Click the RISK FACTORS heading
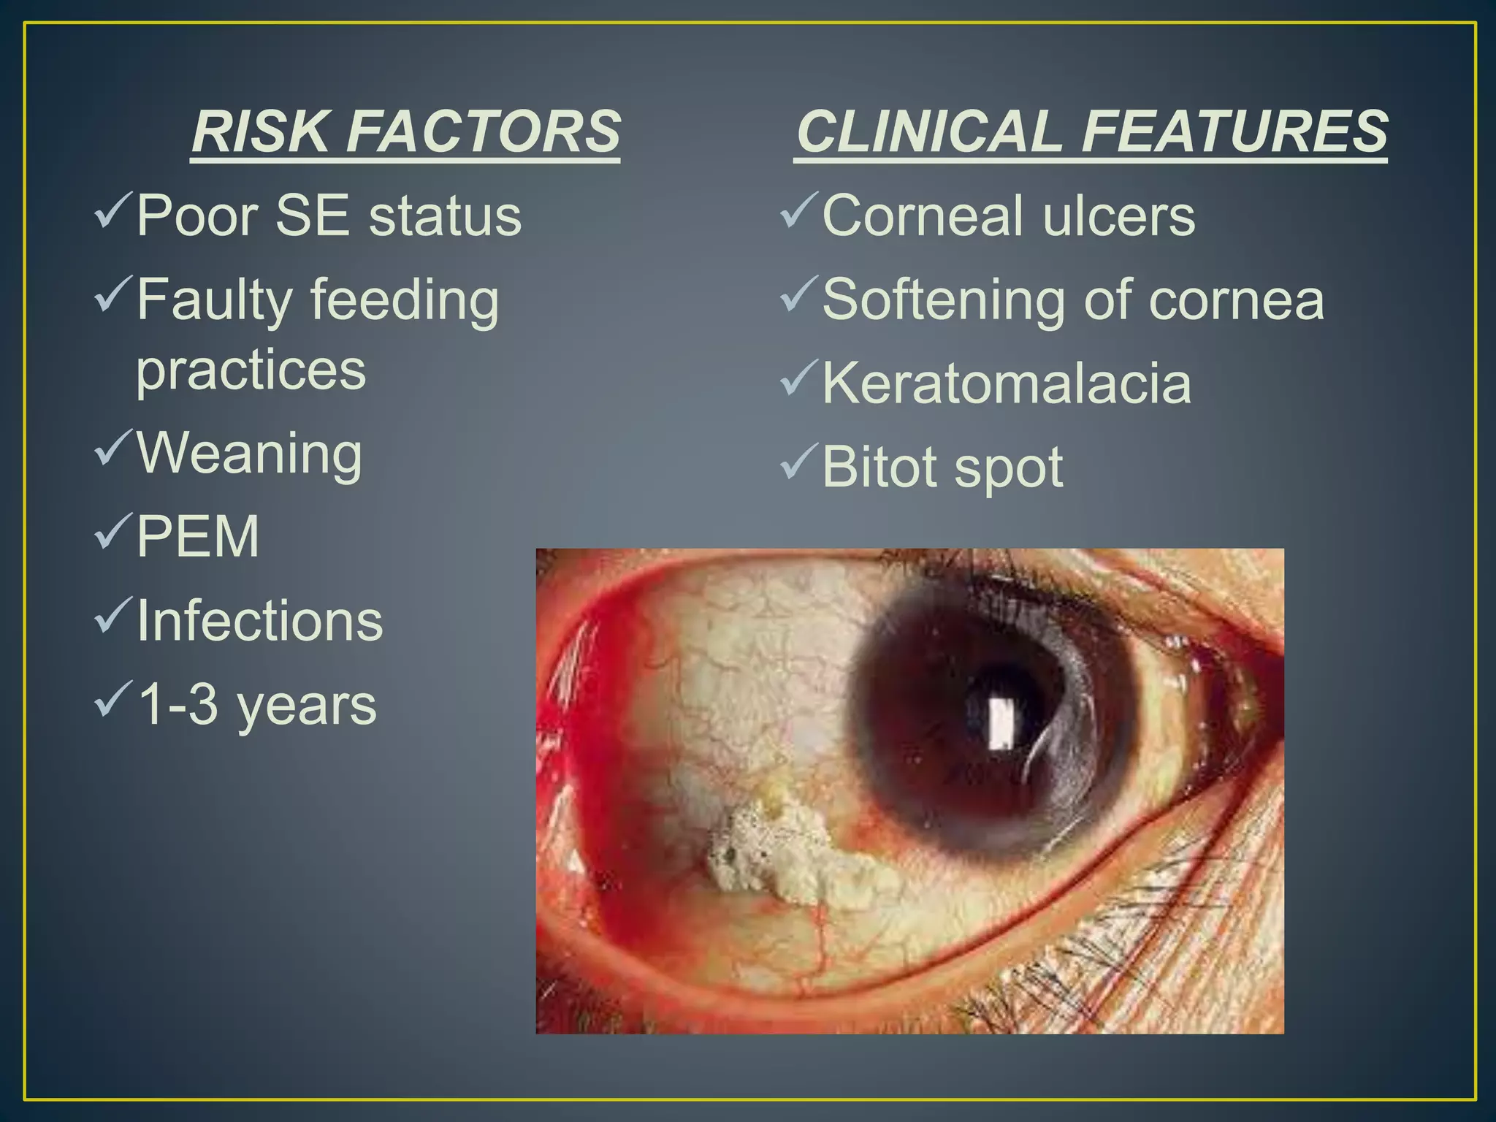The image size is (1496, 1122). click(x=405, y=131)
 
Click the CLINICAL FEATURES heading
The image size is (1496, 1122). click(x=1091, y=131)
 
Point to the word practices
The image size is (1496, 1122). click(x=251, y=370)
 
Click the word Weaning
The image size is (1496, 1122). click(x=249, y=454)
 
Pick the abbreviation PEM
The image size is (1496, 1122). click(x=198, y=537)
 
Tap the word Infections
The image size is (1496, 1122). click(x=259, y=621)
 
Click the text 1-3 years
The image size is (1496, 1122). click(x=256, y=705)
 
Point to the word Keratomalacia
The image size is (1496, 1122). click(x=1006, y=383)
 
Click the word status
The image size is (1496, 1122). click(x=445, y=216)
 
